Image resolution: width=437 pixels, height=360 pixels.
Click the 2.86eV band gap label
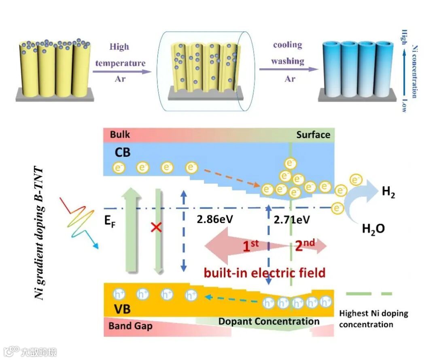pyautogui.click(x=215, y=219)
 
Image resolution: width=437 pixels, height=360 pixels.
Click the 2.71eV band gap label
pyautogui.click(x=292, y=219)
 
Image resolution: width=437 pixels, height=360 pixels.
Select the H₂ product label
pyautogui.click(x=388, y=193)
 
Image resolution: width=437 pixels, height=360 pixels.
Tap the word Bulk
pyautogui.click(x=120, y=135)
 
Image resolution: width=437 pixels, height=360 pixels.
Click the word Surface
pyautogui.click(x=313, y=135)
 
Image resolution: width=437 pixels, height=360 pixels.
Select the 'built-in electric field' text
pyautogui.click(x=265, y=273)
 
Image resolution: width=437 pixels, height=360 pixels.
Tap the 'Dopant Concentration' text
pyautogui.click(x=269, y=322)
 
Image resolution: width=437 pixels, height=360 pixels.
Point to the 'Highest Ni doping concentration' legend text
pyautogui.click(x=373, y=319)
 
